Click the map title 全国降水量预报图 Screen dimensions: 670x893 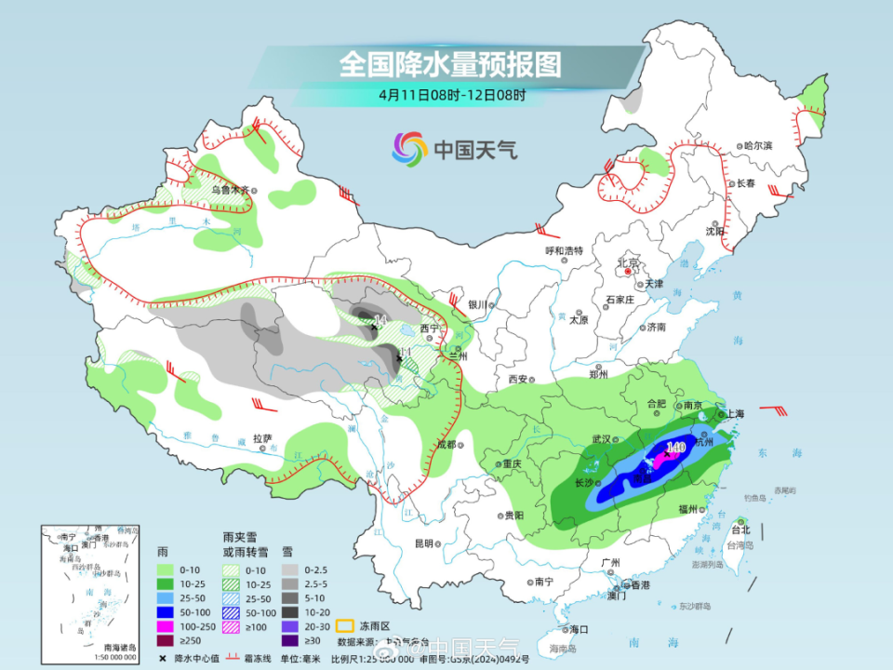tap(450, 64)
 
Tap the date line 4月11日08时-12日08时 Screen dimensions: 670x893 tap(452, 95)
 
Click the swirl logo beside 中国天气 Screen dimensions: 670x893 tap(409, 147)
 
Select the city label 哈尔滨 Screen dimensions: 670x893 tap(758, 146)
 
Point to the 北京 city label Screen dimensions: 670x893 tap(629, 263)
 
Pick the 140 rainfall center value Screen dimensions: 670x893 tap(675, 448)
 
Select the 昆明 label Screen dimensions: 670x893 tap(424, 543)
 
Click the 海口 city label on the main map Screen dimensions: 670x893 tap(580, 630)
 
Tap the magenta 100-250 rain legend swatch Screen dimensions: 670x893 tap(165, 626)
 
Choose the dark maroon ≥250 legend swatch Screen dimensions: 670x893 tap(165, 640)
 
